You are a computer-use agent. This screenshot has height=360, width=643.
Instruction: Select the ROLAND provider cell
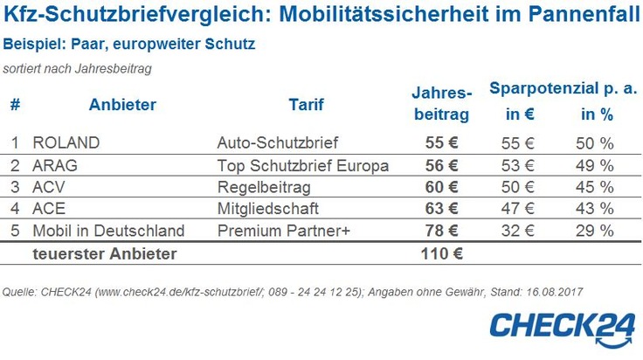(66, 142)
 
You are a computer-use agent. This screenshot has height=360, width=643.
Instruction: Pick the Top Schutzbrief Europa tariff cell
(301, 164)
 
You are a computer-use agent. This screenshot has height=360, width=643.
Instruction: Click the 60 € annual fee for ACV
(440, 186)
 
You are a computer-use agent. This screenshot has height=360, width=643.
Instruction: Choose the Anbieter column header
(122, 105)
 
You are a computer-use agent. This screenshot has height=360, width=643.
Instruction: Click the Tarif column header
(306, 105)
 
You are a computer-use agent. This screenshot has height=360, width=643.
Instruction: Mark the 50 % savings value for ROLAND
(593, 142)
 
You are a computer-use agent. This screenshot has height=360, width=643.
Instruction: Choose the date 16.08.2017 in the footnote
(553, 290)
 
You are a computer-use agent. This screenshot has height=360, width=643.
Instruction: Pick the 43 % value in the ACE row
(593, 209)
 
